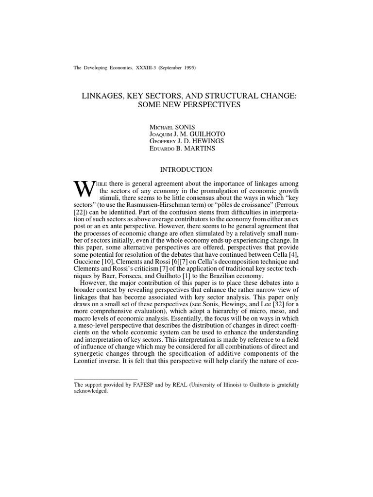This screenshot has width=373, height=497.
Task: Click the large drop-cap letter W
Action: point(84,189)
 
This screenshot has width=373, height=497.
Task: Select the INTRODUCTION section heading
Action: point(186,170)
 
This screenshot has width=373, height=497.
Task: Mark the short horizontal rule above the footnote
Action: point(105,378)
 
